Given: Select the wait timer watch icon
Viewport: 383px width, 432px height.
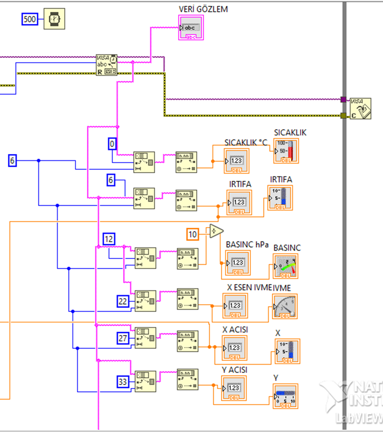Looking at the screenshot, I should point(54,19).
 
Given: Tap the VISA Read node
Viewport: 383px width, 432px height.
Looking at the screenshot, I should point(106,65).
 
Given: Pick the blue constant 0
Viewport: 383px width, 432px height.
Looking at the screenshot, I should point(113,144).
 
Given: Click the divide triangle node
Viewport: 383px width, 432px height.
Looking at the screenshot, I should point(216,231).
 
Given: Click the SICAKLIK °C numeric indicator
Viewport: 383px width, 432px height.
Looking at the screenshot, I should point(237,161).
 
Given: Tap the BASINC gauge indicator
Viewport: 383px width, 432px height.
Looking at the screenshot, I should point(286,265).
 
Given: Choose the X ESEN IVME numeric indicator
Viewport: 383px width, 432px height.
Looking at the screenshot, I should point(235,306).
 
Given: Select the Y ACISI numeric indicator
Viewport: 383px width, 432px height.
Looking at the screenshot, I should point(234,389).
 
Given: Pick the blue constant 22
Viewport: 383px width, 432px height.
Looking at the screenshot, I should point(123,301).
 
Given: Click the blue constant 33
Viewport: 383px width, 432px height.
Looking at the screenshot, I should point(123,382).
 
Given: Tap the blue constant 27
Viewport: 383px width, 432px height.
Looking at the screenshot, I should point(123,338).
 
